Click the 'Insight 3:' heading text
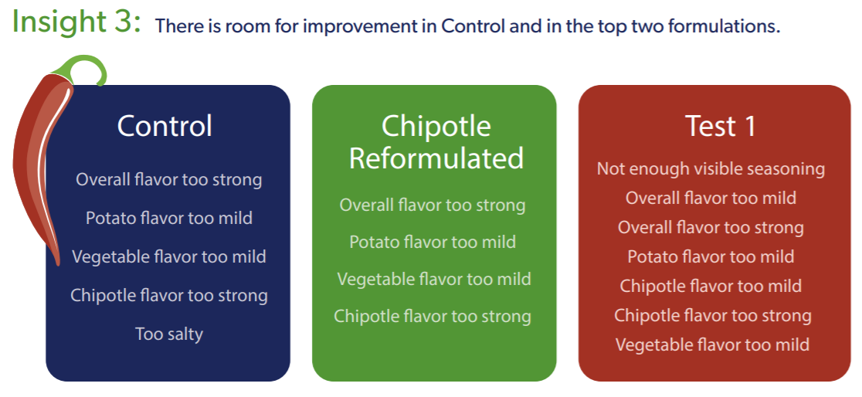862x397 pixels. (x=76, y=22)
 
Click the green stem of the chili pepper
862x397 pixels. (x=88, y=69)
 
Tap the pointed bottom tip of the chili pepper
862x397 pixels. (x=57, y=263)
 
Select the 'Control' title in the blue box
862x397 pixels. (x=165, y=126)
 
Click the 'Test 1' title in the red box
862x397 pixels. (x=721, y=126)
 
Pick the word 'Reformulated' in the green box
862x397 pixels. (x=436, y=158)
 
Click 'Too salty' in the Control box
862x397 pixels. (x=169, y=334)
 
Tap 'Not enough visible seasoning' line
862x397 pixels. (x=711, y=169)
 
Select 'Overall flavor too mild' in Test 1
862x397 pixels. (x=711, y=198)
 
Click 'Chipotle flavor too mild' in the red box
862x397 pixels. (x=711, y=286)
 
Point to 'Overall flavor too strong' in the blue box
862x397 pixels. (x=169, y=180)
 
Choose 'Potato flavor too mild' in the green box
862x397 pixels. (x=433, y=242)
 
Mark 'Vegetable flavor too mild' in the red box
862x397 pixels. (x=712, y=344)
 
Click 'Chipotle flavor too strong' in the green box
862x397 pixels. (x=433, y=316)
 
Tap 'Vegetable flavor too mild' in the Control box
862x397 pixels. (x=169, y=256)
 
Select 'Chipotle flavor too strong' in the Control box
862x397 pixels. (x=169, y=295)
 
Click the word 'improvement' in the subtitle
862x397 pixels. (x=371, y=26)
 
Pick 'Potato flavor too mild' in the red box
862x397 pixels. (x=711, y=256)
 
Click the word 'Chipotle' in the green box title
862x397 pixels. (x=436, y=127)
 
